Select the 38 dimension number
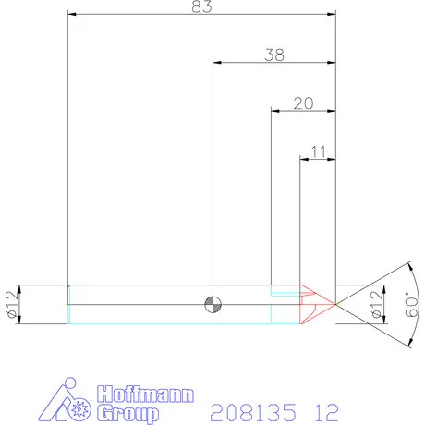tap(273, 55)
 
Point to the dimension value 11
tap(319, 150)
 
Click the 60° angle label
tap(411, 304)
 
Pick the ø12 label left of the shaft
tap(12, 304)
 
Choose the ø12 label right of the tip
tap(376, 304)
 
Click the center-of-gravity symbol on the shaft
tap(213, 304)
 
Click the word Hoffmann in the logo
tap(144, 394)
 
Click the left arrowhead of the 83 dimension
tap(72, 15)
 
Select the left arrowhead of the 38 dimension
tap(216, 62)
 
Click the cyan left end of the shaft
tap(69, 304)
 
